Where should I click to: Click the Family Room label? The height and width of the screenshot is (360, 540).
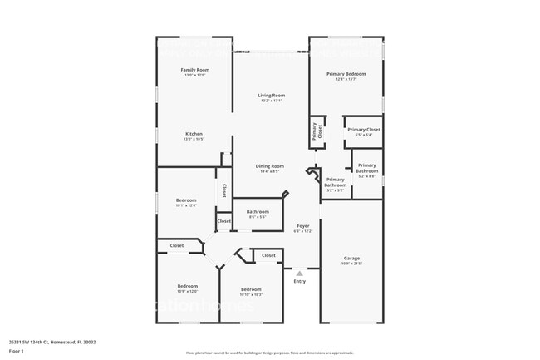point(194,70)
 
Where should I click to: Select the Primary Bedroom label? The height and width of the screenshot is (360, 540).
point(346,74)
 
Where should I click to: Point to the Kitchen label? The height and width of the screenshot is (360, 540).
point(194,134)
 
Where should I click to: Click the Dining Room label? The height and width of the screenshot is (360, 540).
point(271,166)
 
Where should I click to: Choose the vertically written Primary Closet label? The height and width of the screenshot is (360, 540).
point(316,131)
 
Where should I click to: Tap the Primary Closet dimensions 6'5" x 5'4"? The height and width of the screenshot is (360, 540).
point(363,135)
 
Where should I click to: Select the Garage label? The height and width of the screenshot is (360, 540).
point(351,258)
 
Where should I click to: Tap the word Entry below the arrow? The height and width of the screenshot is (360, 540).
point(299,281)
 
